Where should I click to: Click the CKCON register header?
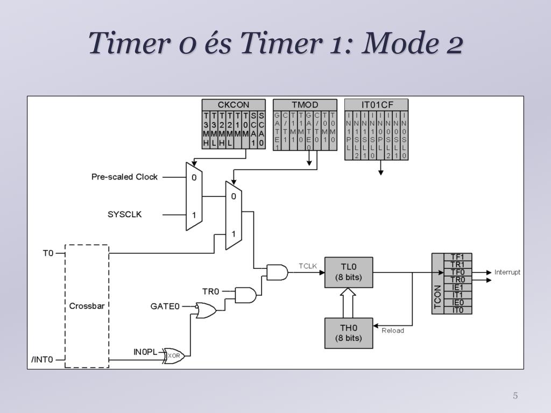pos(234,105)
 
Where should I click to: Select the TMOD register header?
pos(305,105)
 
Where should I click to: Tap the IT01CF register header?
pos(376,105)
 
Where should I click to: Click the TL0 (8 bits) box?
pos(348,273)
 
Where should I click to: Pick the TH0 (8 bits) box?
pos(348,333)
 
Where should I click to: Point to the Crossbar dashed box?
pos(87,306)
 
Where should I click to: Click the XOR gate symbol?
pos(174,355)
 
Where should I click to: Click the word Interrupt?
pos(507,272)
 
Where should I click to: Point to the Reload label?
pos(393,330)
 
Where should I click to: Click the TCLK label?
pos(308,266)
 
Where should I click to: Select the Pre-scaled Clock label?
pos(124,176)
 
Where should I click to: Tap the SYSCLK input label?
pos(125,214)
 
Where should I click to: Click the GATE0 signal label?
pos(165,306)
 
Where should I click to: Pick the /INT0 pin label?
pos(42,360)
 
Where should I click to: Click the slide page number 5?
pos(515,396)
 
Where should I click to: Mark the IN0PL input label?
pos(145,352)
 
